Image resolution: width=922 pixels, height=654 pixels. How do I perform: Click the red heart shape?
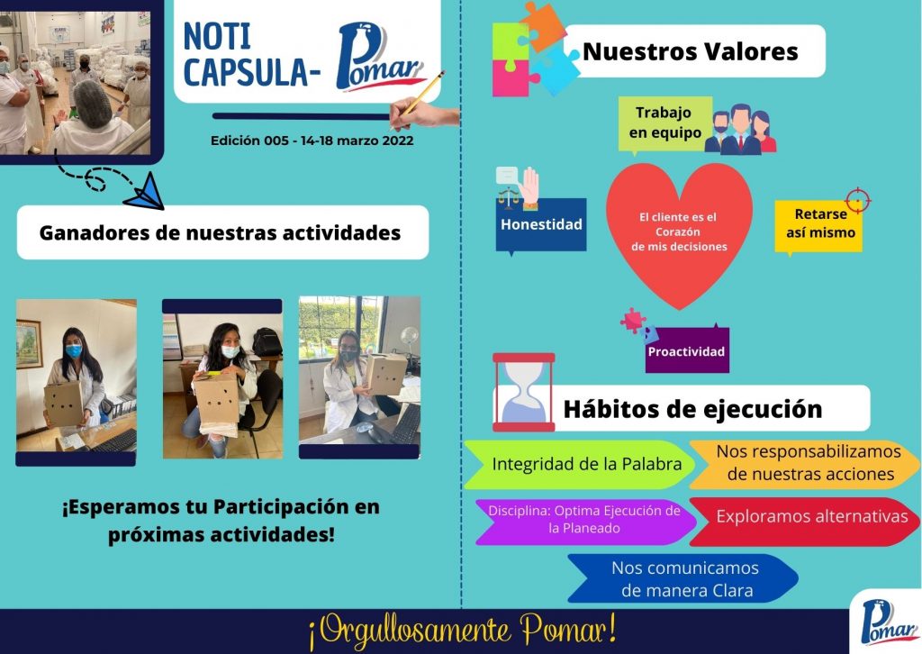679,232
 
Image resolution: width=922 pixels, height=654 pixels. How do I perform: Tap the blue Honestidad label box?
541,225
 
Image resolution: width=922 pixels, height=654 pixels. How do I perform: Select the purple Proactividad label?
687,350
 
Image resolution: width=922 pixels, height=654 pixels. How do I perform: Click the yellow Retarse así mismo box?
819,226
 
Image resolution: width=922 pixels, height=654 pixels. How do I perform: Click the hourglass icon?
523,392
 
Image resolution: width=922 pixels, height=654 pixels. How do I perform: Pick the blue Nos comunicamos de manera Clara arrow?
683,578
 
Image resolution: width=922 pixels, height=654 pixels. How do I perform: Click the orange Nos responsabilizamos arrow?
805,465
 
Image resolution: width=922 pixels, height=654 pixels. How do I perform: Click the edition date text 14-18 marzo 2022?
357,141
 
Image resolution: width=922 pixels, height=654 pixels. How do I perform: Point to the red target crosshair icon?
858,201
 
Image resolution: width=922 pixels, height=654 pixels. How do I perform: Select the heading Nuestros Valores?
691,51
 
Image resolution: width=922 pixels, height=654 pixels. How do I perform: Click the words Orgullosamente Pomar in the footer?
462,631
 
